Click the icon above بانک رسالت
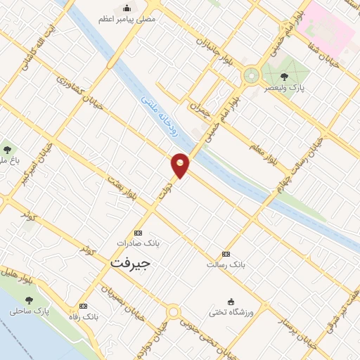(226, 254)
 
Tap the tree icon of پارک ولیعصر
(284, 77)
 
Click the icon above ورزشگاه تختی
(231, 300)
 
